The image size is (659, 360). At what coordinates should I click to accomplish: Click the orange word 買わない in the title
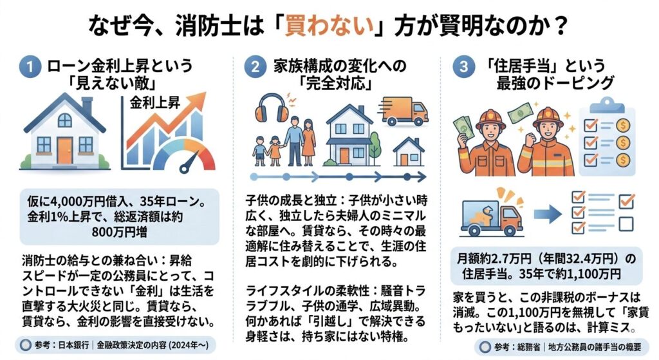329,26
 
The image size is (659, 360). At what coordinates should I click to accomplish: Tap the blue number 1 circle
30,66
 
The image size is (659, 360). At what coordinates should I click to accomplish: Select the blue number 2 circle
255,66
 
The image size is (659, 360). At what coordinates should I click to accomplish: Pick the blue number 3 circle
464,66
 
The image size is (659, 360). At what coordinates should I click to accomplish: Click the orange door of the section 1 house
65,151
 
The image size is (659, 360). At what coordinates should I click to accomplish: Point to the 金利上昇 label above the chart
154,102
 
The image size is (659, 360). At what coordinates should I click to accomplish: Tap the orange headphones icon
272,108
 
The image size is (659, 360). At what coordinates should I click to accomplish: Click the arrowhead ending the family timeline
422,177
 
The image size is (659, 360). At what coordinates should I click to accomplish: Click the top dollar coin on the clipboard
623,126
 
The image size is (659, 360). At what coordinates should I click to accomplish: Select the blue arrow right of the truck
548,214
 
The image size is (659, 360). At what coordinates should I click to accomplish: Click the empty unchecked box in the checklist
626,223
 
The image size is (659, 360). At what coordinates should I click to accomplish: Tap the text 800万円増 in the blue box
119,232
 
